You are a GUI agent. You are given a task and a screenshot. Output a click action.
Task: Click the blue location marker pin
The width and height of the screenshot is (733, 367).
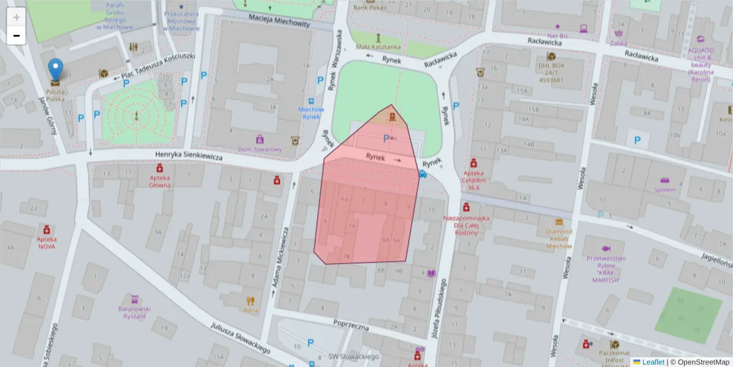coord(56,70)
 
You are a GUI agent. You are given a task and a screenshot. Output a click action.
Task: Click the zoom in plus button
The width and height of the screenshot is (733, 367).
coord(16,17)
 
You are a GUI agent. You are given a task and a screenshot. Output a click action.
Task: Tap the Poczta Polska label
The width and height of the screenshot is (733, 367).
coord(56,95)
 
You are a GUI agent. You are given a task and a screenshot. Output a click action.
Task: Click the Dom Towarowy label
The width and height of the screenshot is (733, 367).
coord(260,149)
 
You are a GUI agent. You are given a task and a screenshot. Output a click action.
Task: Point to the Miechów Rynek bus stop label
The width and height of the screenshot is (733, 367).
coord(310,113)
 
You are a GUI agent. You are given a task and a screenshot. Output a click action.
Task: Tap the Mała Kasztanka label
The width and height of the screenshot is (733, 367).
coord(379,46)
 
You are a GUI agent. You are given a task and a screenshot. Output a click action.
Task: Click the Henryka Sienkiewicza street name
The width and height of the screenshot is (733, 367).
coord(189,157)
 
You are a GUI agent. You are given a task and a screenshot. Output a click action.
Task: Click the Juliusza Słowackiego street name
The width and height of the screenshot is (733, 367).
coord(241,338)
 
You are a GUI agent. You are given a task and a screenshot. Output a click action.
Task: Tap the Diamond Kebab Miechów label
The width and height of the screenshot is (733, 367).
coord(558,239)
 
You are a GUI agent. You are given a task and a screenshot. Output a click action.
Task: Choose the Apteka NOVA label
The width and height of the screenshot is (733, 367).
coord(46,243)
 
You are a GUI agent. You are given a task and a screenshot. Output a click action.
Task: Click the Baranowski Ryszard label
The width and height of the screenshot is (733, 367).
coord(134,312)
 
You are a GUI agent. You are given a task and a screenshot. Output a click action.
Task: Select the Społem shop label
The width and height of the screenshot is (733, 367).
coord(665,189)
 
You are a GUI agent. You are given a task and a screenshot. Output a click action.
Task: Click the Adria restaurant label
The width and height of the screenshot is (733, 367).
coord(250,310)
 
